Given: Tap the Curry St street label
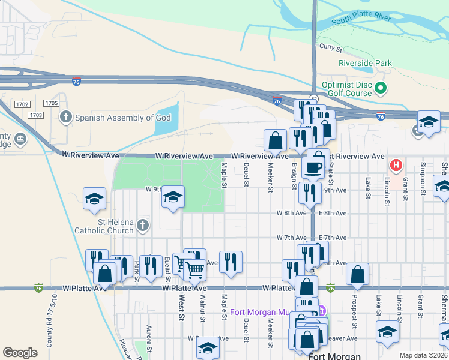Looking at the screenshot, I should pos(330,46).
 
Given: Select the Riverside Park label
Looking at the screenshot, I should pos(365,63).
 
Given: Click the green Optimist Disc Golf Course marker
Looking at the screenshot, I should pos(380,89).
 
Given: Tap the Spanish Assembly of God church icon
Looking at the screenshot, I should pos(65,118).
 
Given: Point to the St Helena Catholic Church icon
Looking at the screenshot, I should pos(142,225).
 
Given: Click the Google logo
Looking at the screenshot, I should pos(20,353).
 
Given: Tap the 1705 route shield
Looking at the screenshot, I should pos(52,103).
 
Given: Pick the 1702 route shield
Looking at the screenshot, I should pos(23,104).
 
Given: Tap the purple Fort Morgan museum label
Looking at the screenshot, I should pos(274,312).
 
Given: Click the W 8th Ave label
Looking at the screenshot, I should pos(292,213).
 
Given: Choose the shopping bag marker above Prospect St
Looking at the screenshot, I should pos(357,275).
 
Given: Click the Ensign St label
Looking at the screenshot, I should pos(294,176).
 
